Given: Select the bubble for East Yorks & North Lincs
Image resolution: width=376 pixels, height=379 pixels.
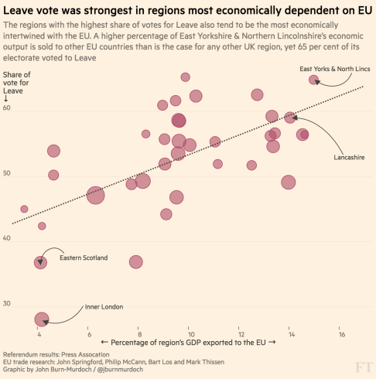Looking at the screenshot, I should (x=313, y=80).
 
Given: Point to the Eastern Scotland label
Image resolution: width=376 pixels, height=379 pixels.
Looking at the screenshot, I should (x=84, y=258).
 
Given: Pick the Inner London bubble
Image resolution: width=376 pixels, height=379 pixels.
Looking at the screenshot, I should (x=42, y=319).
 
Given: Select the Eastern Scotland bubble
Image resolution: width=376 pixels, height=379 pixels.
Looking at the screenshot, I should (x=40, y=262).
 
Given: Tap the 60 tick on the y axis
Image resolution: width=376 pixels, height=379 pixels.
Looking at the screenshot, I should (x=7, y=110).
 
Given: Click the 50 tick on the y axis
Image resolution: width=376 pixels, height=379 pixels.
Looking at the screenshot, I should (x=7, y=175).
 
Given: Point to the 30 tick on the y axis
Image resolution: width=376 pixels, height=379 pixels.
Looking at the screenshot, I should (x=7, y=304).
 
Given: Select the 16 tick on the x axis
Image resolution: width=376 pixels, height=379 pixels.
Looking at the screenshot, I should (x=341, y=336).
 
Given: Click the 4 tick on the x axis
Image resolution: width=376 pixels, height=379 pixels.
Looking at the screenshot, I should (x=39, y=336).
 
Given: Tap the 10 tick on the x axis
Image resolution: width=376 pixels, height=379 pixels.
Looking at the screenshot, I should (x=190, y=336).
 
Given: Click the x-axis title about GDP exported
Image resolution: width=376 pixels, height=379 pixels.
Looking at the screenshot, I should (x=188, y=342).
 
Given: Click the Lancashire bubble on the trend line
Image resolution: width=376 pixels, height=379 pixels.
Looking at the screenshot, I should (x=290, y=118).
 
